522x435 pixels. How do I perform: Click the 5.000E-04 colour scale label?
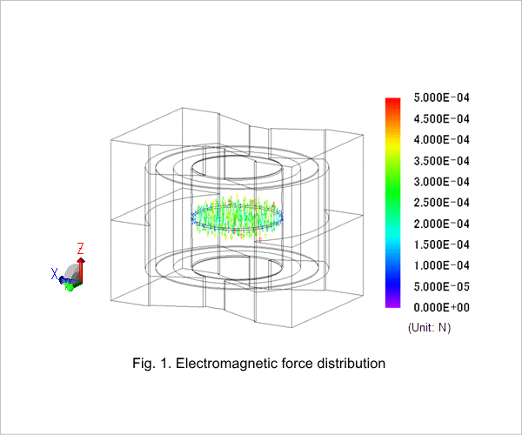coord(441,97)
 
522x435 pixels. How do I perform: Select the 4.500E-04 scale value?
coord(441,119)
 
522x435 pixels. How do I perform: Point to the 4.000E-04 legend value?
coord(441,140)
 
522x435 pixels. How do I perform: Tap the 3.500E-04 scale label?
coord(441,161)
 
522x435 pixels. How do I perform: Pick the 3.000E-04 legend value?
coord(441,182)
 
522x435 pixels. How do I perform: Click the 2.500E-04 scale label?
coord(441,203)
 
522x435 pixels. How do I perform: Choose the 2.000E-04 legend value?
coord(441,224)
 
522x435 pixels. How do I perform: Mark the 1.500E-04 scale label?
coord(441,244)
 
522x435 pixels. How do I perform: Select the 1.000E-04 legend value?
coord(441,265)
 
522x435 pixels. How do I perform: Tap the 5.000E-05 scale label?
coord(441,286)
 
